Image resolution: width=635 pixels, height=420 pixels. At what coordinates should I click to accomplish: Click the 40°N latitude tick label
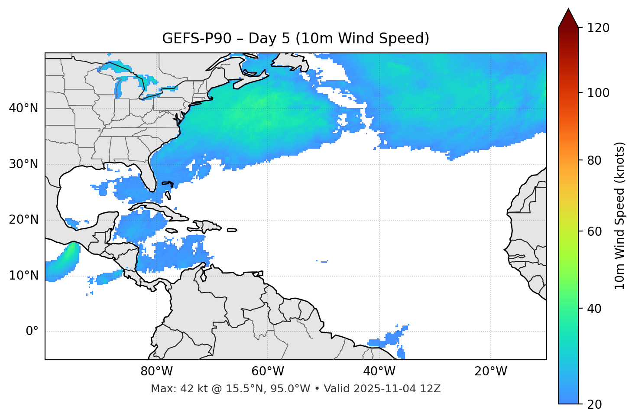click(23, 108)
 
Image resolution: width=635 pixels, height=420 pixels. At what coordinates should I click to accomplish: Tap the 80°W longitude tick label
click(156, 371)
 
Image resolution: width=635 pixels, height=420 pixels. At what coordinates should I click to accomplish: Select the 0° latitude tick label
click(32, 332)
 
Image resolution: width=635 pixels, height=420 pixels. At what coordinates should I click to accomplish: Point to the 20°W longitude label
click(490, 371)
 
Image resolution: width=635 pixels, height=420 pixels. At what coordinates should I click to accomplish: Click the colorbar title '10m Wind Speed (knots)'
click(620, 216)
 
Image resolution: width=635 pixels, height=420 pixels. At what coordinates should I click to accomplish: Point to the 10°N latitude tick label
click(23, 276)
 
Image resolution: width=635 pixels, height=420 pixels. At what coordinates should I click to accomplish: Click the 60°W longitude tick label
click(267, 371)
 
